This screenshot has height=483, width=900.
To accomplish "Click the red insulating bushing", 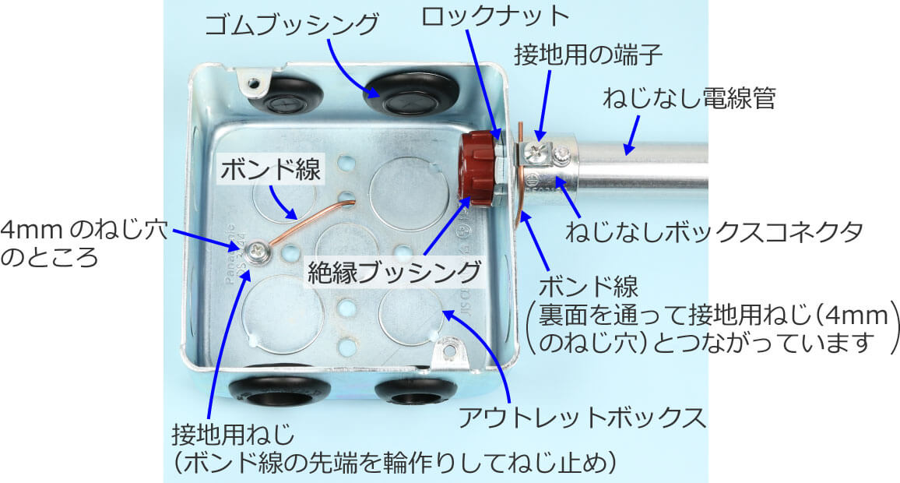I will pyautogui.click(x=476, y=167).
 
